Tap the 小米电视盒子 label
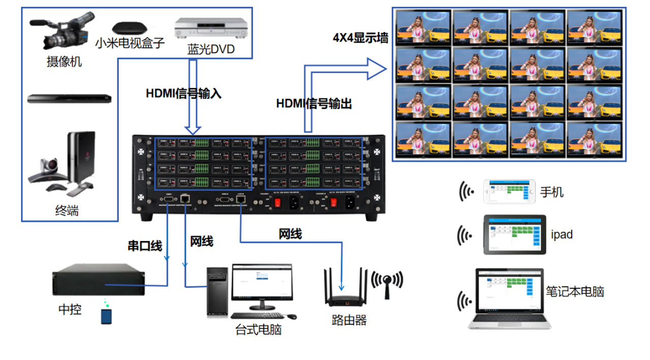pyautogui.click(x=130, y=43)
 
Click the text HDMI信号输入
pyautogui.click(x=183, y=93)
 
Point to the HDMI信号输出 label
pyautogui.click(x=314, y=104)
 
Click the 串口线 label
pyautogui.click(x=145, y=246)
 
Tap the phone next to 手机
pyautogui.click(x=509, y=191)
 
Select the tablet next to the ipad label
pyautogui.click(x=513, y=235)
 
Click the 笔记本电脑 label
pyautogui.click(x=575, y=291)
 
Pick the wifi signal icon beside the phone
pyautogui.click(x=467, y=191)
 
